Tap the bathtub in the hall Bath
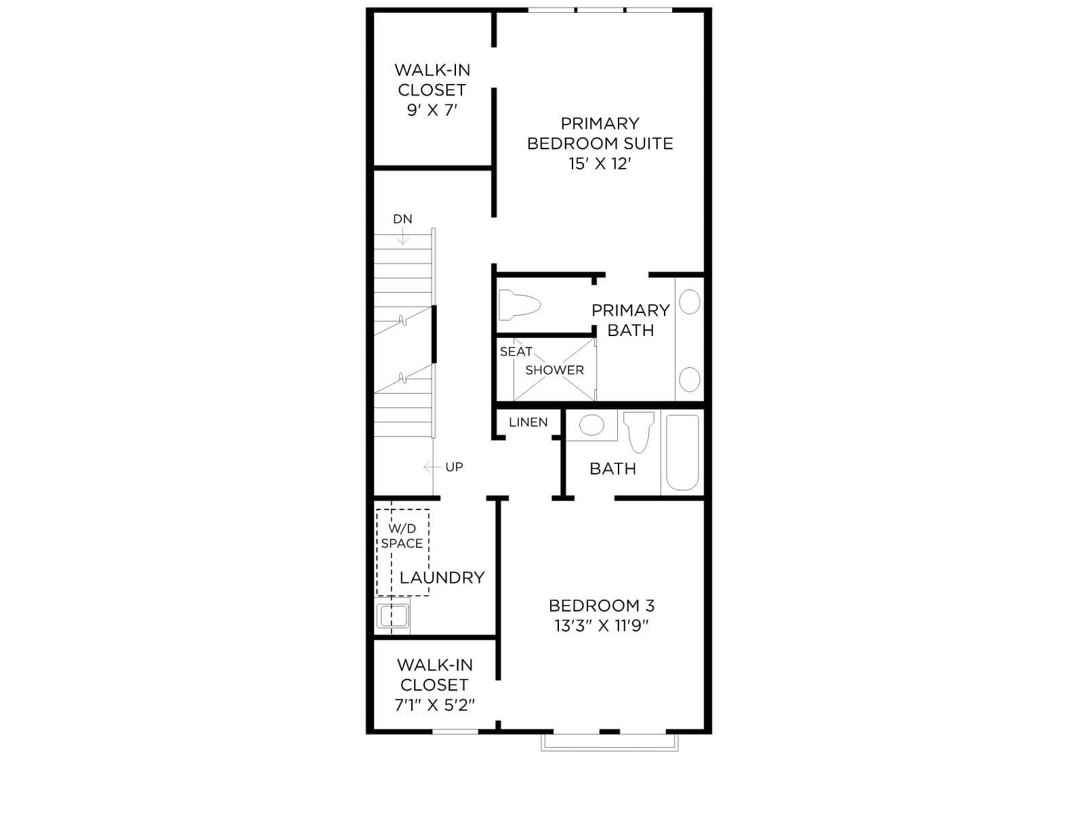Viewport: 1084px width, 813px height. (x=682, y=452)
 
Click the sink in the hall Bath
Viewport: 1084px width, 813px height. (x=591, y=425)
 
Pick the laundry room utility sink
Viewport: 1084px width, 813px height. (x=393, y=616)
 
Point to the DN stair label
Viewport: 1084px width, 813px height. (x=402, y=219)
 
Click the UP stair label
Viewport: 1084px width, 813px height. (x=454, y=467)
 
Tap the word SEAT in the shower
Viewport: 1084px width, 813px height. (x=516, y=352)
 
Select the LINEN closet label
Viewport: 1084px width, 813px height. (x=528, y=422)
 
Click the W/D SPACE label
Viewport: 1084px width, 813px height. (x=402, y=536)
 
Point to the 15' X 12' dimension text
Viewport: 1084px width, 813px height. (x=600, y=163)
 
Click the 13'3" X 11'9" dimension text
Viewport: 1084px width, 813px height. (x=602, y=625)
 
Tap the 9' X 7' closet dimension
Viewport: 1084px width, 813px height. (x=432, y=110)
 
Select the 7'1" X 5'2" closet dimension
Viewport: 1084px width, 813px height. (x=434, y=705)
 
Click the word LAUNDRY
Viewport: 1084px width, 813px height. (x=442, y=577)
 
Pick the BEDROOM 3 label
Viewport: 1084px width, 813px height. (x=602, y=605)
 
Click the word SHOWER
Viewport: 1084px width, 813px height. (x=555, y=370)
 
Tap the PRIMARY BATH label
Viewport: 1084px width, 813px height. (x=631, y=320)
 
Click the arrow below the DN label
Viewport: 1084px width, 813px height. (x=402, y=235)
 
